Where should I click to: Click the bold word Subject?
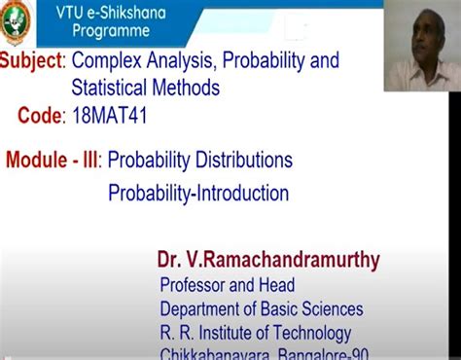click(31, 61)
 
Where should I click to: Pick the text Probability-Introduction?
click(198, 194)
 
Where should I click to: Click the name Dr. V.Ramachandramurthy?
click(268, 260)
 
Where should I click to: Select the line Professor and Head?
click(227, 286)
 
